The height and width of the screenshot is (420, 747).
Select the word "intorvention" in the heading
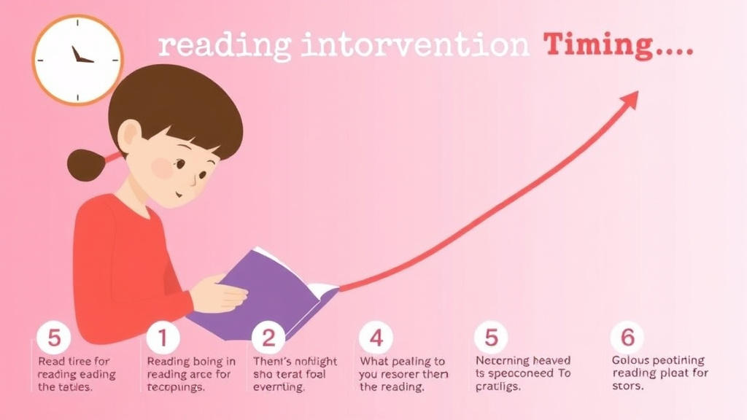[x=414, y=46]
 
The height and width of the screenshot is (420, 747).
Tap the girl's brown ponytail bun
[x=86, y=165]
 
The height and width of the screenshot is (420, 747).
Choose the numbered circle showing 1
[x=162, y=338]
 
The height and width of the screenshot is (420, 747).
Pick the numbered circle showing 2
[x=268, y=338]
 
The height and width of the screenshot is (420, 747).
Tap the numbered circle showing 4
[x=376, y=338]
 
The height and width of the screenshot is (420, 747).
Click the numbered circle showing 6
[x=627, y=338]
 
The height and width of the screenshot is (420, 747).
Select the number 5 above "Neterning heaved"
[x=490, y=338]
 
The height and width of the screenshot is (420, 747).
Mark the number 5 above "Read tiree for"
[x=54, y=338]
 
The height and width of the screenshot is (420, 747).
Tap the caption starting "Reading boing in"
[x=191, y=373]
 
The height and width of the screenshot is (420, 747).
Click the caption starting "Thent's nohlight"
[x=295, y=373]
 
